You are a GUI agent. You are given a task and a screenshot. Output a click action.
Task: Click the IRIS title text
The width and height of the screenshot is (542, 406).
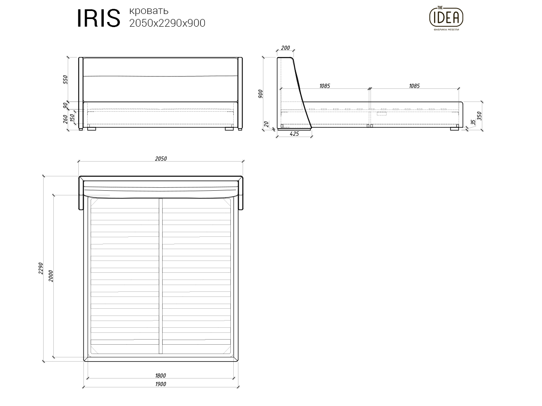pyautogui.click(x=98, y=19)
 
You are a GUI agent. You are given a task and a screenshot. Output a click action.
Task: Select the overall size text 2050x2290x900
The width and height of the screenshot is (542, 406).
pyautogui.click(x=167, y=23)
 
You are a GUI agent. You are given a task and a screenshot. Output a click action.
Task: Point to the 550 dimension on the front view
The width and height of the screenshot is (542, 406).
pyautogui.click(x=65, y=80)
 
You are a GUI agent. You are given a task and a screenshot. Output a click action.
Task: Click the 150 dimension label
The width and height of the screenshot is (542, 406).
pyautogui.click(x=72, y=117)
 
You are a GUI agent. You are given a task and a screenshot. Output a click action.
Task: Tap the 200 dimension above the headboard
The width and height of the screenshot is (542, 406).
pyautogui.click(x=285, y=48)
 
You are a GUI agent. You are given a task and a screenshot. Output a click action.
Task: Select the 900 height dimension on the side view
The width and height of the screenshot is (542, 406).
pyautogui.click(x=260, y=93)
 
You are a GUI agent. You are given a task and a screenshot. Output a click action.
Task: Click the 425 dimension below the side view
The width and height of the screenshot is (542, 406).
pyautogui.click(x=294, y=134)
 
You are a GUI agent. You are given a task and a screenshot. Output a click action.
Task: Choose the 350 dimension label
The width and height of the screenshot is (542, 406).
pyautogui.click(x=479, y=116)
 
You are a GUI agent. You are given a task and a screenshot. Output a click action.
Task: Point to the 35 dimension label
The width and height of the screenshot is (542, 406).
pyautogui.click(x=473, y=123)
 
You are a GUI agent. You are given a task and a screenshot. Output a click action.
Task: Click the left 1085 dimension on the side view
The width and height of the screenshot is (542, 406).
pyautogui.click(x=324, y=86)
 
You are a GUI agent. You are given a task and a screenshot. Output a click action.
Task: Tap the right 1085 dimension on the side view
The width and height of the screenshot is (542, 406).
pyautogui.click(x=414, y=86)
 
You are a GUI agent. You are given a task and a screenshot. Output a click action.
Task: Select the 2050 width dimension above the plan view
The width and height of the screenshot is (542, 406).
pyautogui.click(x=161, y=159)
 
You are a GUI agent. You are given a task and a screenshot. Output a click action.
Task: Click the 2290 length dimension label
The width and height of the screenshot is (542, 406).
pyautogui.click(x=41, y=268)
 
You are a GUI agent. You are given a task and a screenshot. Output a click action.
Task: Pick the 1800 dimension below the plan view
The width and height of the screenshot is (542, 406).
pyautogui.click(x=160, y=375)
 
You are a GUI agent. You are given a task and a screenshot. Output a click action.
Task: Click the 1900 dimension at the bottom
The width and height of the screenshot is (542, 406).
pyautogui.click(x=160, y=384)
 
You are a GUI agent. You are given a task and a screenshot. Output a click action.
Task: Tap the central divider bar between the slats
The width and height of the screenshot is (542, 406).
pyautogui.click(x=161, y=276)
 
